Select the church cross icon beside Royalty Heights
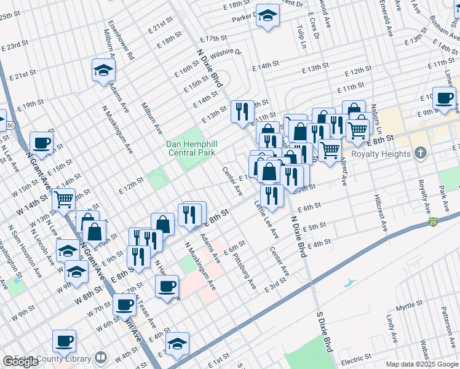tap(420, 153)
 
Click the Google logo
tap(20, 362)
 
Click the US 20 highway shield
tap(434, 221)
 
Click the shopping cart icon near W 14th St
tap(63, 199)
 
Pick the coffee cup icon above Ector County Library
tap(64, 340)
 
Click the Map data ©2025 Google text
tap(422, 364)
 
